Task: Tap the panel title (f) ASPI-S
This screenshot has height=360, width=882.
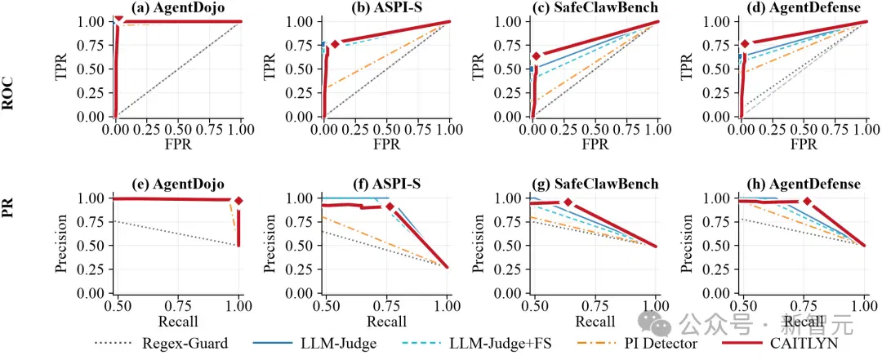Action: pos(385,184)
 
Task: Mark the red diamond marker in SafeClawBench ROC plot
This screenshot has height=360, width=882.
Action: pos(536,56)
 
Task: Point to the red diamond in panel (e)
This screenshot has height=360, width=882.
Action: pos(238,201)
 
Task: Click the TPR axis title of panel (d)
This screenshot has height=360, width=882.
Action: pos(687,69)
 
